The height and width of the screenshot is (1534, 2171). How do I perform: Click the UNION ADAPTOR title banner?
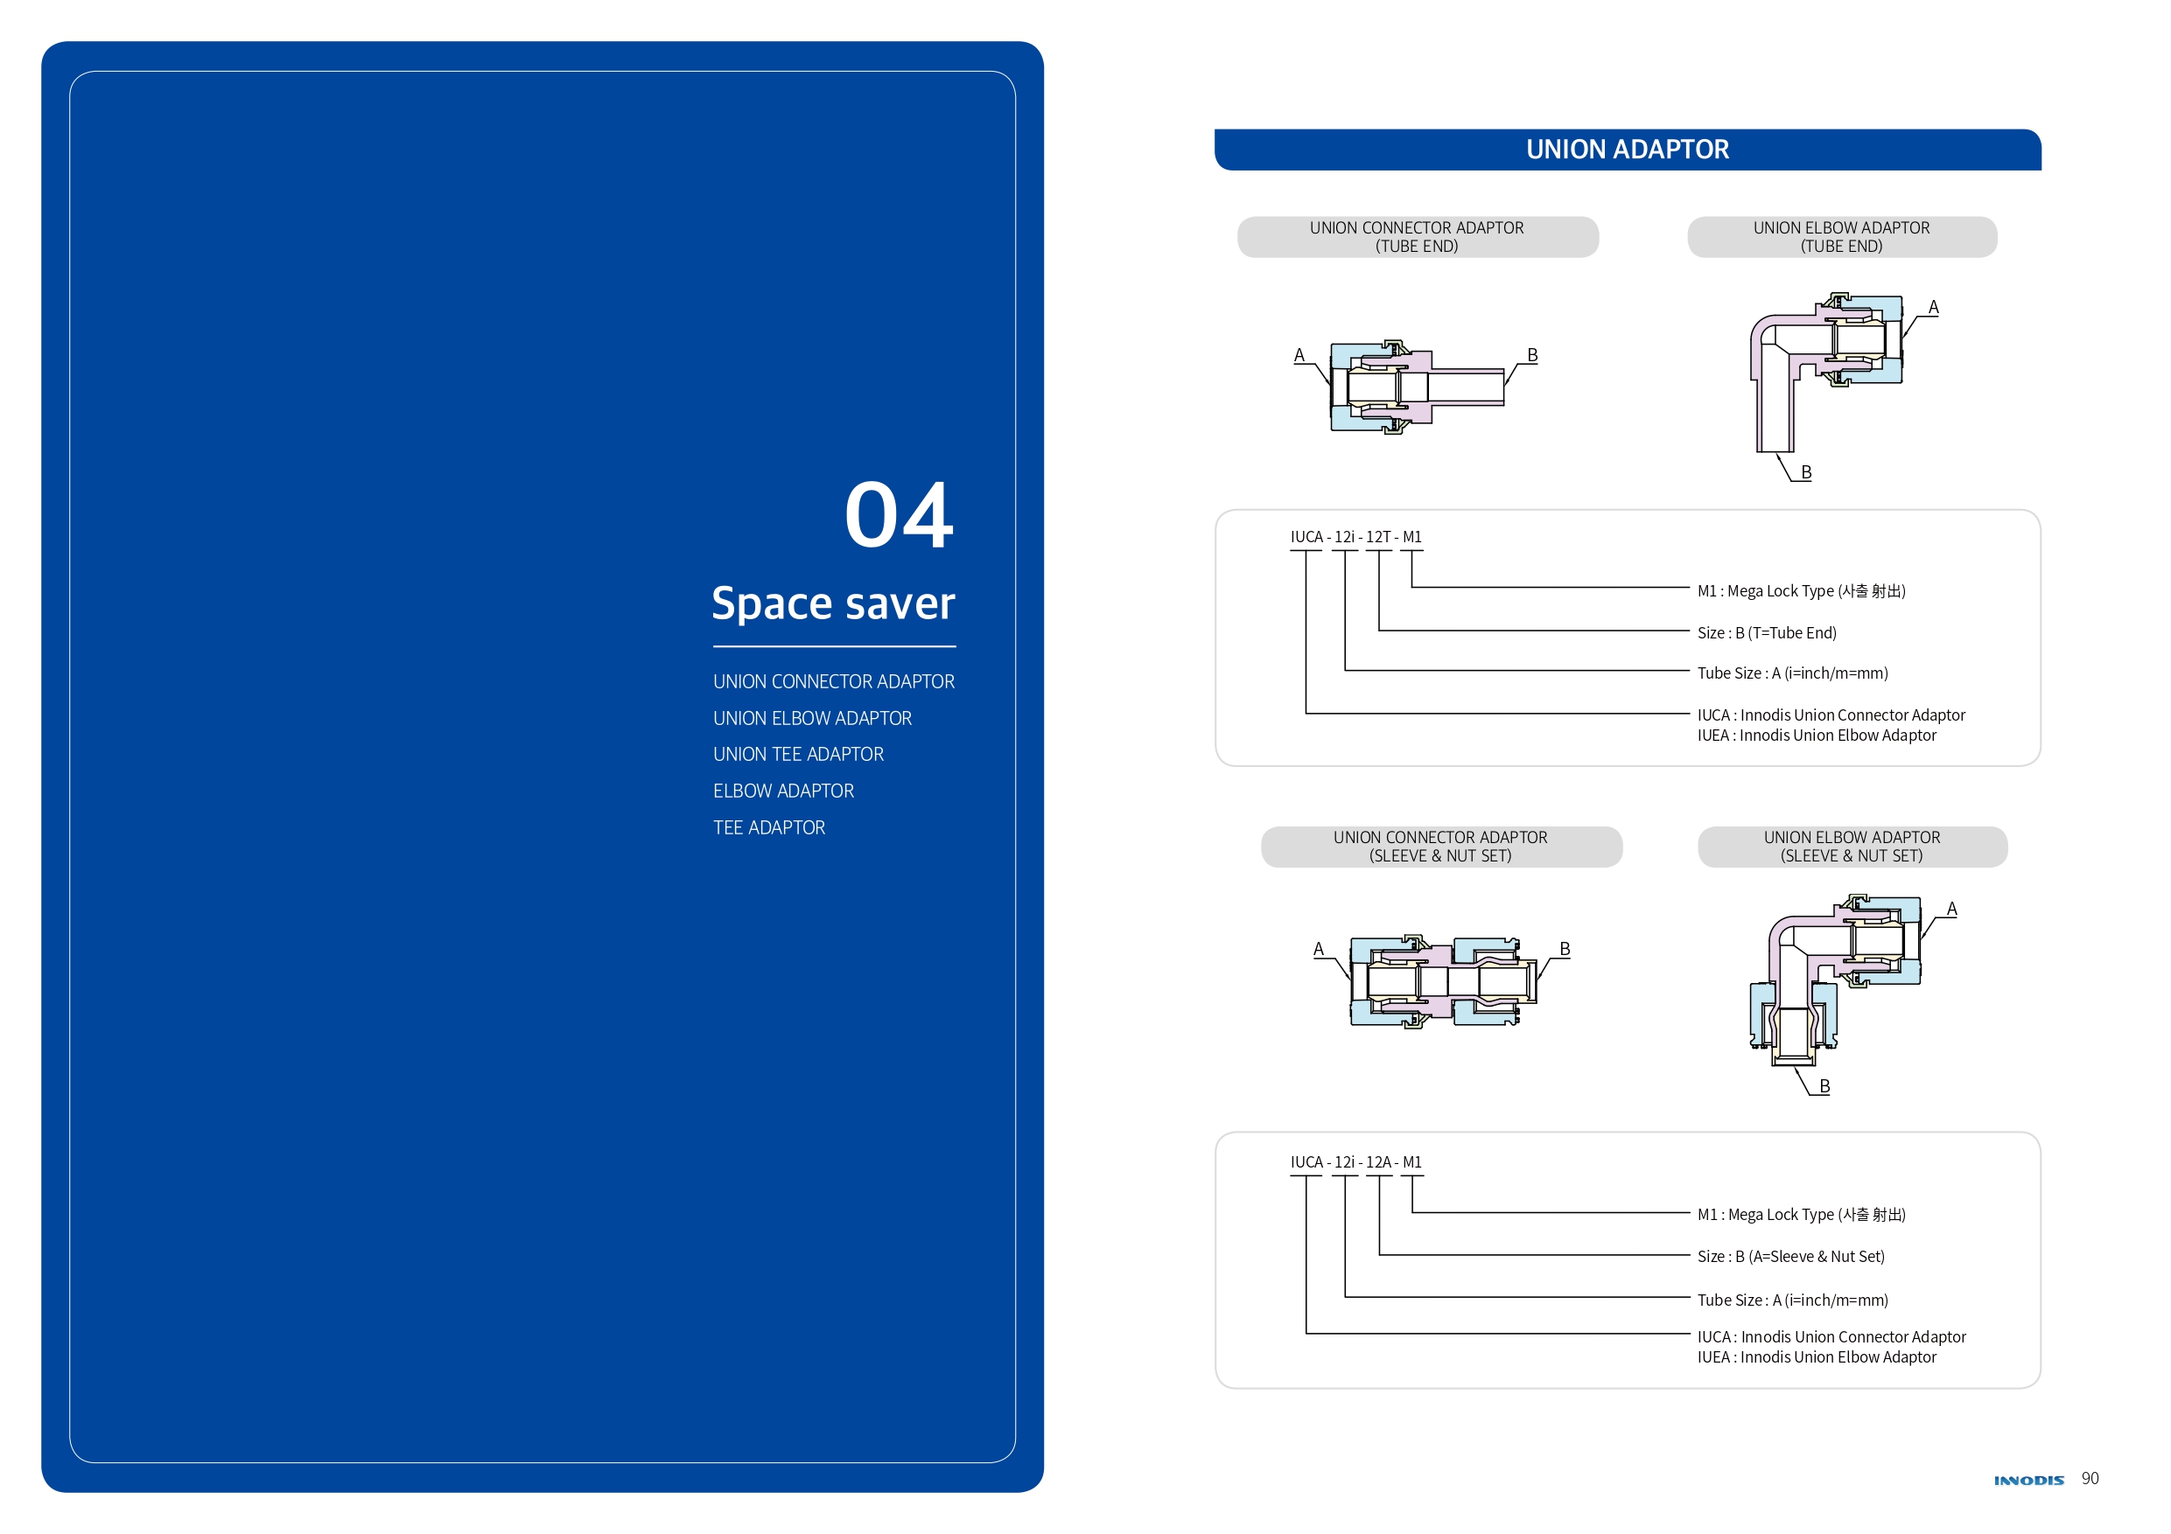click(x=1627, y=150)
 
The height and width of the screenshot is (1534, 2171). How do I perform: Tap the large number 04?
click(x=899, y=515)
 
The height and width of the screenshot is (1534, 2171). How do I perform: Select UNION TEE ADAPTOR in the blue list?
click(x=798, y=754)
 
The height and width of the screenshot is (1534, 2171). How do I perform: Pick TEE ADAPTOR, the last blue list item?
click(x=769, y=828)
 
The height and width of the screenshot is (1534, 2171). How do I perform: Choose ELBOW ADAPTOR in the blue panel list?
click(x=783, y=791)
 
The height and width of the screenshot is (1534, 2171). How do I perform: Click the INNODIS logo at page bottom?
click(x=2028, y=1480)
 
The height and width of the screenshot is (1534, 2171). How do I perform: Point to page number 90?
click(x=2090, y=1478)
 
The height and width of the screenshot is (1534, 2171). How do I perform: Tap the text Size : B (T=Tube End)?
click(x=1767, y=632)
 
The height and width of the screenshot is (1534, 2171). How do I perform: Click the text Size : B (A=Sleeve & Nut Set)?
click(x=1790, y=1256)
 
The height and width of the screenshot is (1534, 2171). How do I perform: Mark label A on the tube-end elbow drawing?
click(x=1933, y=307)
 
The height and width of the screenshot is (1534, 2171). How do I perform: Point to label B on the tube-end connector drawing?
click(x=1532, y=355)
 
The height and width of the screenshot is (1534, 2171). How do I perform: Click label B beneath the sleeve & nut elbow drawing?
click(x=1824, y=1086)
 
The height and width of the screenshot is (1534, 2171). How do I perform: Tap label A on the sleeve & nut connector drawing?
click(x=1318, y=949)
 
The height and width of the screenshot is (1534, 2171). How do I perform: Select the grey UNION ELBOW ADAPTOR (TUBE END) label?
click(x=1841, y=237)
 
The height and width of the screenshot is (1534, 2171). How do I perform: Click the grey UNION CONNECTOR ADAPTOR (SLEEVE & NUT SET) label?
click(x=1440, y=846)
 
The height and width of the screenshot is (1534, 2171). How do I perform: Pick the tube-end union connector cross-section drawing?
click(x=1416, y=387)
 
